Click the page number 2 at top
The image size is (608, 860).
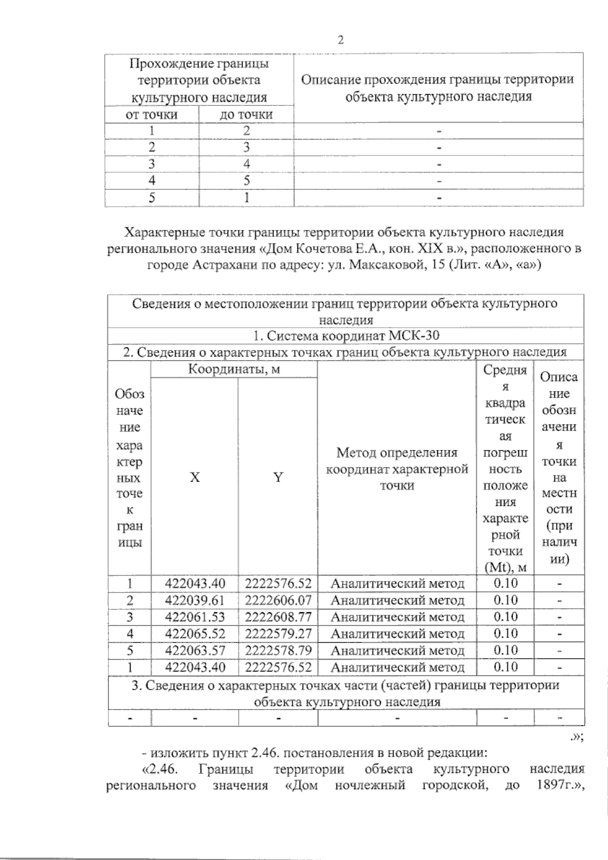340,41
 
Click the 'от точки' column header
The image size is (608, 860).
151,114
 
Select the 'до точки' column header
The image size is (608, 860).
246,114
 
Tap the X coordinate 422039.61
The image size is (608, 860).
195,601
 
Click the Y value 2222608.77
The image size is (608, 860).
278,617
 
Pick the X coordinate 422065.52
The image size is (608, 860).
195,634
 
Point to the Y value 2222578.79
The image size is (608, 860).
278,650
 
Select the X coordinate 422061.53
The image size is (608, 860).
195,617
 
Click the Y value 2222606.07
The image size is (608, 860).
278,601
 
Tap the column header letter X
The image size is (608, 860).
195,477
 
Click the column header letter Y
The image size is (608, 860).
278,477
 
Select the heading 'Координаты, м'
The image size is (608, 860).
234,369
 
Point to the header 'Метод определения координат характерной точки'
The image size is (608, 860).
397,469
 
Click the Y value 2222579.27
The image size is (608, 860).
278,634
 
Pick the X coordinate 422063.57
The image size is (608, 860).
195,650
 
